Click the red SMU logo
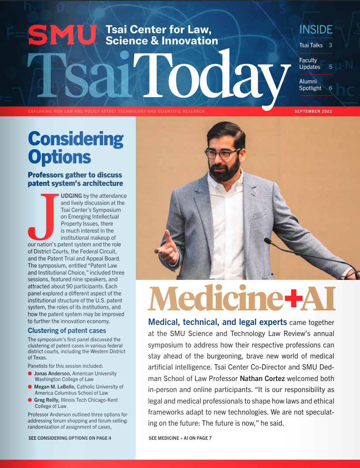[62, 35]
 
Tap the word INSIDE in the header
[315, 30]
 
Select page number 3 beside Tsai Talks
[330, 45]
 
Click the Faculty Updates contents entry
[310, 64]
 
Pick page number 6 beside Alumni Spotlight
[330, 88]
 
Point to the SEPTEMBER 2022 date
[313, 111]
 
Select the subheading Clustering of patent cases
[67, 330]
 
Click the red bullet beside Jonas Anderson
[30, 374]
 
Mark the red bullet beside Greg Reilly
[30, 400]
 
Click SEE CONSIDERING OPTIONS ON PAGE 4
[70, 438]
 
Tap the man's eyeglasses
[224, 155]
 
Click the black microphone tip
[267, 241]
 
